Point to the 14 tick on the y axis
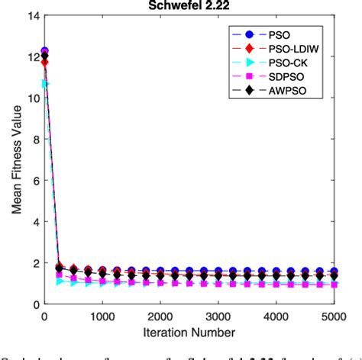(x=32, y=16)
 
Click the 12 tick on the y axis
(x=32, y=57)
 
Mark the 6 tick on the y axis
(x=35, y=181)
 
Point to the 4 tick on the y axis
(x=35, y=222)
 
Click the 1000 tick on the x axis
(x=103, y=316)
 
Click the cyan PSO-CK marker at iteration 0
(x=45, y=83)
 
